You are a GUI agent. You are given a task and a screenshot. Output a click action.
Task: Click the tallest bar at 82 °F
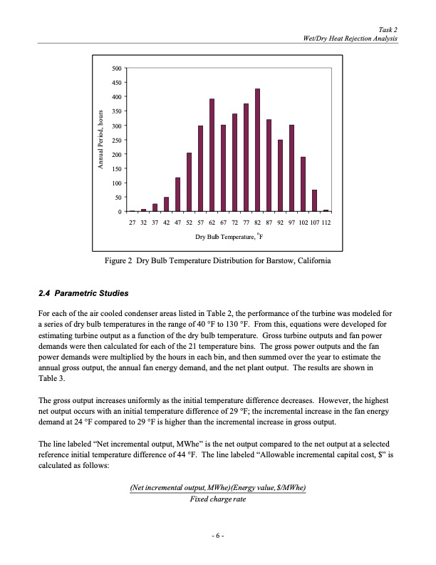tap(257, 151)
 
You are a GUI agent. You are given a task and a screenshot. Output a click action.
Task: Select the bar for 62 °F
tap(212, 156)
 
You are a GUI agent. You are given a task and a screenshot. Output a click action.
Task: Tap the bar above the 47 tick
tap(177, 195)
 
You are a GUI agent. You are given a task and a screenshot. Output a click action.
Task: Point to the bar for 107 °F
tap(314, 200)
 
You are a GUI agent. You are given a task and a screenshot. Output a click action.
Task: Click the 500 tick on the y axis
tap(116, 68)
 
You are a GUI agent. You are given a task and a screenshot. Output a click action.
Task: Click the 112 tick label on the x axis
tap(326, 223)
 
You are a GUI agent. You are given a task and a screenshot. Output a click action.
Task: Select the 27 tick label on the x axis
tap(132, 223)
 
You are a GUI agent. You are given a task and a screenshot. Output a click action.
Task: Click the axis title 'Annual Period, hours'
tap(100, 140)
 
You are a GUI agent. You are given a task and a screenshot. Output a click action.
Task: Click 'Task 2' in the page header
tap(388, 29)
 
